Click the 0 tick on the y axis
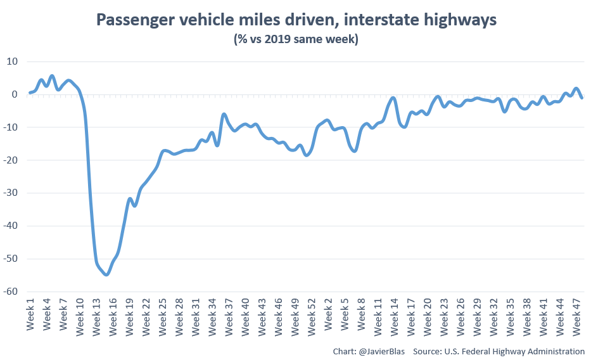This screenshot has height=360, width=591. pos(16,94)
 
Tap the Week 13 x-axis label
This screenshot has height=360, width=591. pos(96,313)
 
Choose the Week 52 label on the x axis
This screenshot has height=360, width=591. pos(311,313)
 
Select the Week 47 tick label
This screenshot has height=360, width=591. pos(576,313)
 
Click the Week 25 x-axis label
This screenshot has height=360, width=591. pos(163,313)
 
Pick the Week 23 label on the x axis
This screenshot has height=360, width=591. pos(444,313)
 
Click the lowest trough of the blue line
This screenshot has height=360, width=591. pos(106,274)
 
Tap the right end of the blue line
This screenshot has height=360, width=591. pos(581,98)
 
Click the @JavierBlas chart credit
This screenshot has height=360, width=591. pos(370,351)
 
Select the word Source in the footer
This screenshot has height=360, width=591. pos(428,351)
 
